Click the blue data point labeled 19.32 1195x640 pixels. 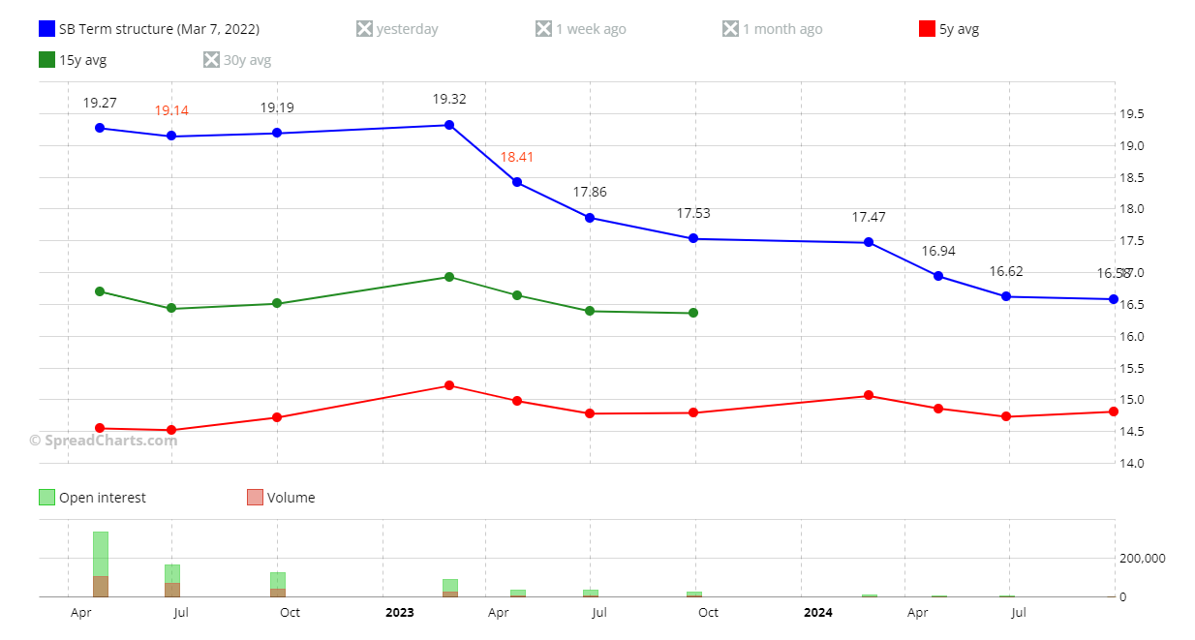tap(449, 125)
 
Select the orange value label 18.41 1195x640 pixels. tap(517, 157)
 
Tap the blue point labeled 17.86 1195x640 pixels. tap(590, 218)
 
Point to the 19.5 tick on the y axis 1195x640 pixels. tap(1132, 114)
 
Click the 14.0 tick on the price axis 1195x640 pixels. tap(1132, 463)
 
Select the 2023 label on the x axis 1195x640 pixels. tap(399, 612)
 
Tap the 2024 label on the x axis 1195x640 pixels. tap(818, 612)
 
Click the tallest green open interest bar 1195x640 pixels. tap(101, 554)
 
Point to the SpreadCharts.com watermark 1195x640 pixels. tap(104, 441)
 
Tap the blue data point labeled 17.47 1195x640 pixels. tap(869, 242)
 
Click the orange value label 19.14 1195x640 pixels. tap(171, 110)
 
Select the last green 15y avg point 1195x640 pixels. tap(693, 313)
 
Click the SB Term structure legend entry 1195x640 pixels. tap(149, 29)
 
